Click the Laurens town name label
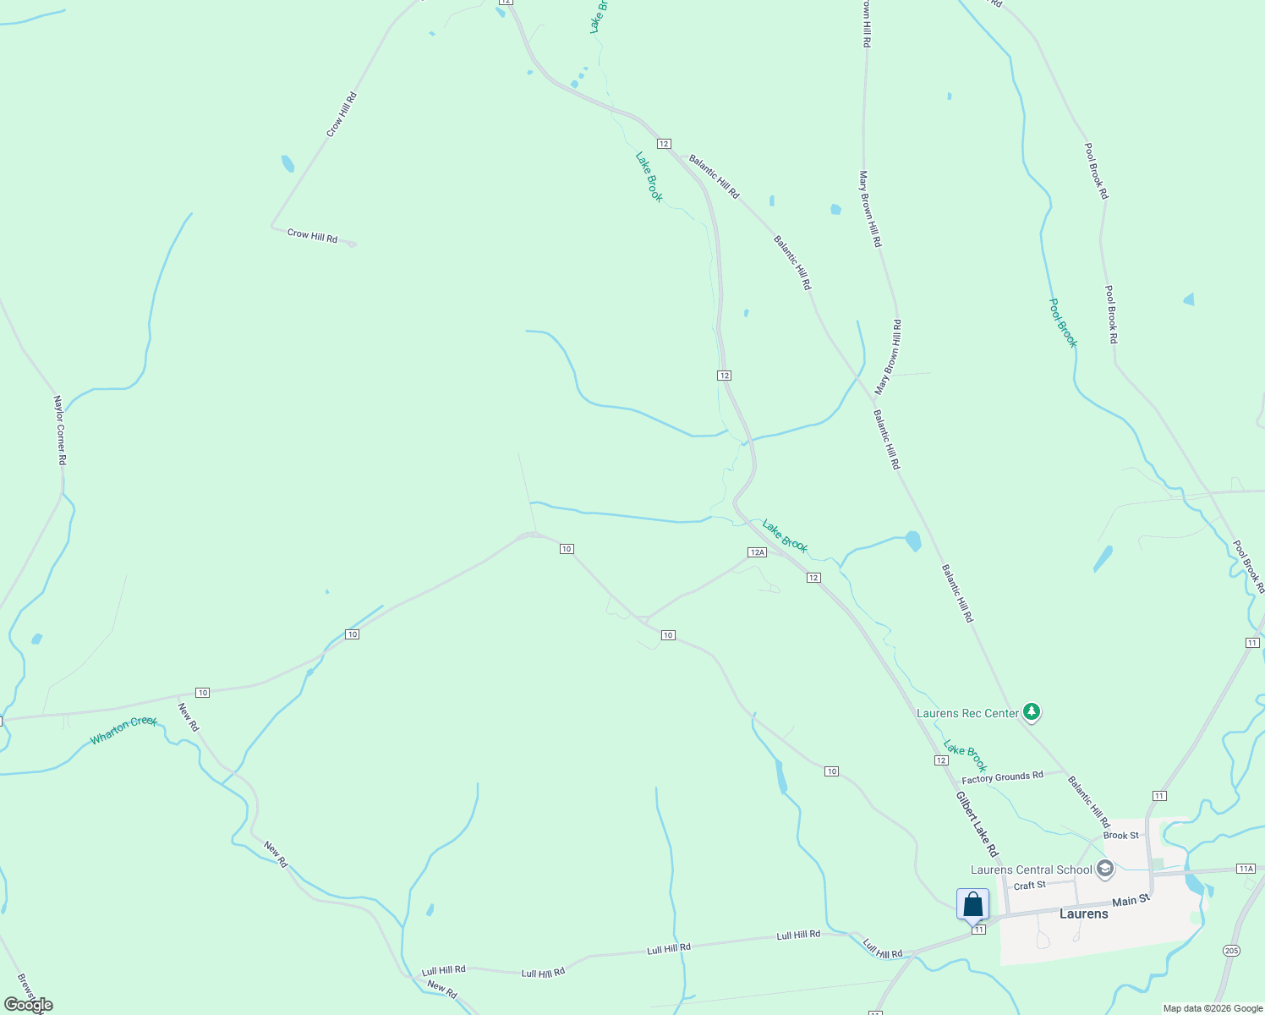(1083, 913)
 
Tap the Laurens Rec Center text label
(968, 713)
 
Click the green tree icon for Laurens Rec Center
(1031, 712)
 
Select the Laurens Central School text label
(1031, 870)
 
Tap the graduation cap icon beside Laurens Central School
(1104, 869)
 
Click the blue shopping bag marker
(972, 905)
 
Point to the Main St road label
(1131, 901)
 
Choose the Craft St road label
(1029, 886)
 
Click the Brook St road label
(1121, 836)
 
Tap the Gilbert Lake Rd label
(977, 825)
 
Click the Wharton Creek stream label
(123, 730)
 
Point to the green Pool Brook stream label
(1063, 322)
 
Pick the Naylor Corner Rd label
(59, 430)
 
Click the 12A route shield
(757, 552)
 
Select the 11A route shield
(1246, 869)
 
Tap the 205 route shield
(1231, 951)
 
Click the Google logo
(29, 1005)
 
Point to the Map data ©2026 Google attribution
(1213, 1008)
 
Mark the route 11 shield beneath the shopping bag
(978, 930)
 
